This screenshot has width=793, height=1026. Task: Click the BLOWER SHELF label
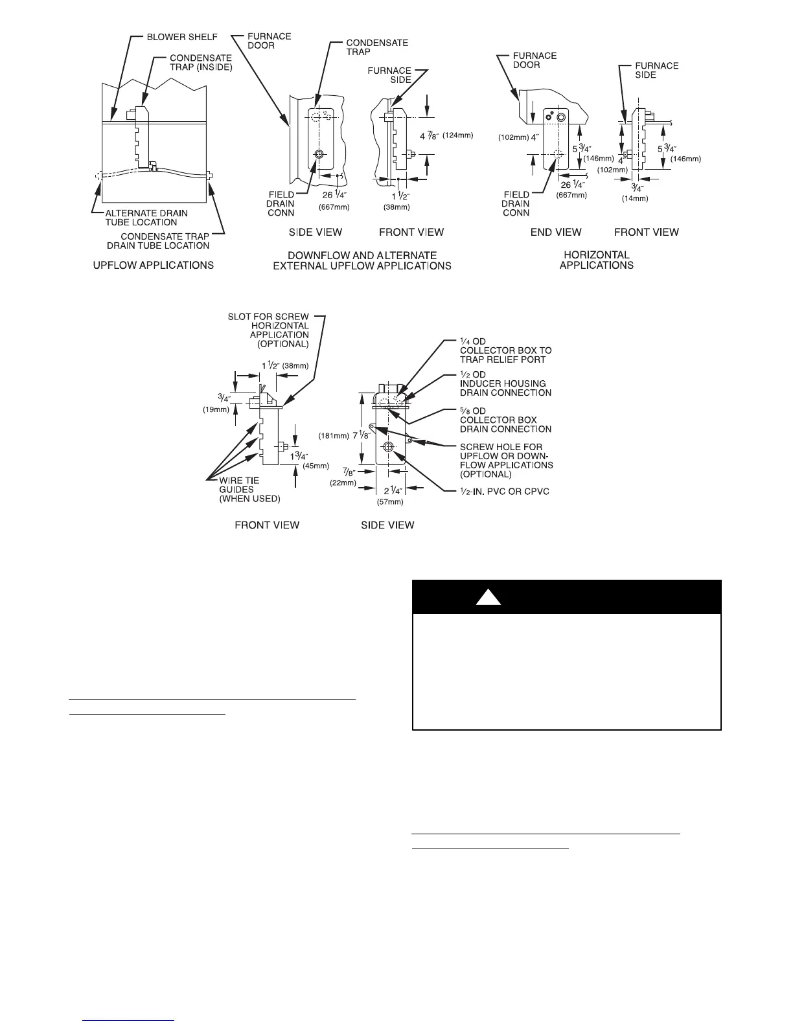tap(181, 37)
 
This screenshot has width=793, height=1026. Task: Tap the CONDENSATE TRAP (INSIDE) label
tap(201, 62)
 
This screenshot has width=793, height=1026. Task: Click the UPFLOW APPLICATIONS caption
tap(154, 265)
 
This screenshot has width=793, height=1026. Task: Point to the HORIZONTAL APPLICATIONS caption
tap(596, 260)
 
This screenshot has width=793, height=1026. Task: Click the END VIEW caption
tap(556, 232)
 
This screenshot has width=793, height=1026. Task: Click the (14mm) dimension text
tap(635, 199)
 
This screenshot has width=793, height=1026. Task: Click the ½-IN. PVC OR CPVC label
tap(505, 491)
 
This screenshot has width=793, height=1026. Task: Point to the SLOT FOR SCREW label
tap(268, 317)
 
